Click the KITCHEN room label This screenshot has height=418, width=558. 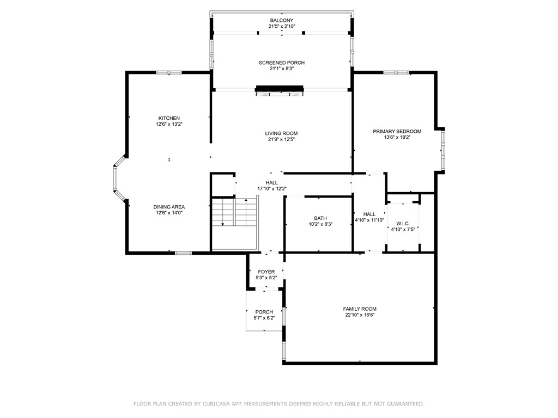tap(169, 118)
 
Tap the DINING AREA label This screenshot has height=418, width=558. tap(169, 207)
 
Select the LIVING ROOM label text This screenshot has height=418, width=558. tap(281, 133)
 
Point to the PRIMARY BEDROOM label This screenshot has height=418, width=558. tap(397, 131)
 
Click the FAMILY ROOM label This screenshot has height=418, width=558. tap(360, 309)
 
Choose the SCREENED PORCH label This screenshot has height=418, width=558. tap(282, 63)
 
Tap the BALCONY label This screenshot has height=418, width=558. tap(282, 20)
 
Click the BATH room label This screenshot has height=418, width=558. tap(320, 218)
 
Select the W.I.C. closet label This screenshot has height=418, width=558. tap(403, 224)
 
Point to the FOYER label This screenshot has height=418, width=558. tap(266, 272)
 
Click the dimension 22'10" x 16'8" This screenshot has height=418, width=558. tap(360, 315)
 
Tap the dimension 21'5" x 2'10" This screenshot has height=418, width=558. tap(282, 26)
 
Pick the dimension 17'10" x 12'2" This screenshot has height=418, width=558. tap(272, 189)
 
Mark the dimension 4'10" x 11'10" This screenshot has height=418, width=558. tap(369, 220)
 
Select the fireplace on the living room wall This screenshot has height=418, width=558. tap(280, 91)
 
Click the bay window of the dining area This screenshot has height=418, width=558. tap(118, 179)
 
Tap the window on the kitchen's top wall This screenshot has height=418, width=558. tap(169, 72)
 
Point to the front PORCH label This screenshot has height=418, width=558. tap(264, 312)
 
